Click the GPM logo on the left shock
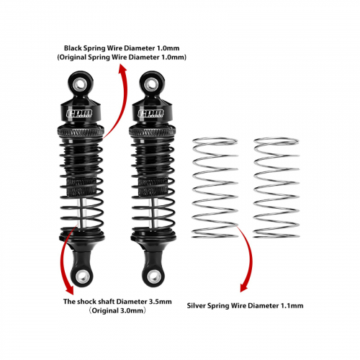click(x=79, y=114)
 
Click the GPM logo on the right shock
click(x=150, y=114)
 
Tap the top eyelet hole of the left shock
click(x=81, y=84)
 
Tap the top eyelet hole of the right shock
click(x=152, y=84)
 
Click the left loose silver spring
click(x=215, y=188)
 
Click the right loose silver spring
click(x=276, y=188)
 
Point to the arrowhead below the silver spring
click(x=243, y=287)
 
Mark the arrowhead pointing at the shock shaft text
click(x=69, y=289)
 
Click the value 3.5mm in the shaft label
click(x=161, y=302)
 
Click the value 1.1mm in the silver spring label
click(x=292, y=306)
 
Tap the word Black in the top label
click(x=73, y=48)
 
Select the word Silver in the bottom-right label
click(x=197, y=306)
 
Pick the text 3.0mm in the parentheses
click(x=132, y=311)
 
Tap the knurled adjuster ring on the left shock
click(x=81, y=132)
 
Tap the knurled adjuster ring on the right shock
click(x=153, y=132)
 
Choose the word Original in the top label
click(x=73, y=58)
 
